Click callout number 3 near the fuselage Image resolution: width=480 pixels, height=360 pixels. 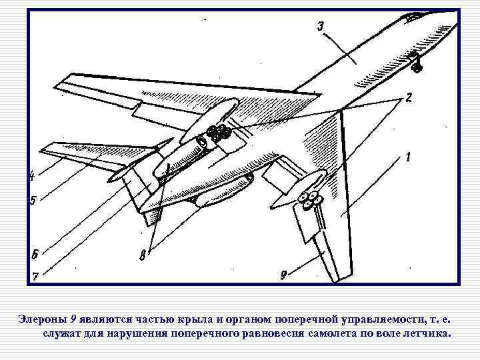tap(321, 27)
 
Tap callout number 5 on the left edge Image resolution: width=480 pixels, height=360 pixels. tap(32, 200)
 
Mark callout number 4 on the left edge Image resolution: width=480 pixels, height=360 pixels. tap(31, 176)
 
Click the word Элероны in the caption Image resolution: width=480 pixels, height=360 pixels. tap(41, 319)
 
